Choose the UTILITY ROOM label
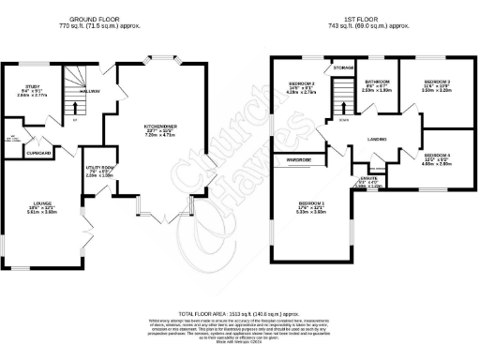99,167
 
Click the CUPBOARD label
38,151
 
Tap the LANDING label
377,141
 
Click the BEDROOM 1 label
310,203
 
